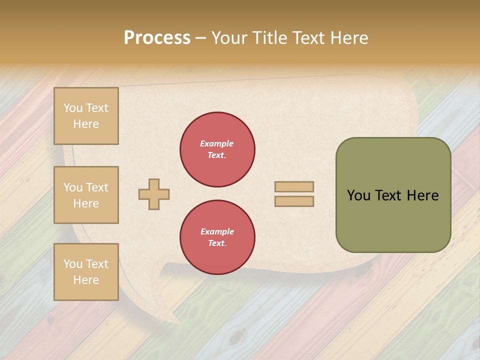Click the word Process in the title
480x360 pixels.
(157, 38)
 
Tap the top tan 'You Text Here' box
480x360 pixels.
(86, 116)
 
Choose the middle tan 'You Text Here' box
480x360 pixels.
(86, 195)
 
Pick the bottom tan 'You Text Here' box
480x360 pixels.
(86, 272)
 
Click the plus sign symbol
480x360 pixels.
(154, 194)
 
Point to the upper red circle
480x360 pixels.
(217, 149)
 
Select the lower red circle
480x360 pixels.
(217, 237)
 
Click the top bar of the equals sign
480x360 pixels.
(294, 186)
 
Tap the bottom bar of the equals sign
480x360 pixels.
(294, 201)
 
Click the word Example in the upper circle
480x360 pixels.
(217, 143)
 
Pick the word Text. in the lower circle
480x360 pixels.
(217, 243)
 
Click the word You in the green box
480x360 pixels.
(358, 195)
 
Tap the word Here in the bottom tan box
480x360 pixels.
(86, 280)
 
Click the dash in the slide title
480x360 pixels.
(201, 38)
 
